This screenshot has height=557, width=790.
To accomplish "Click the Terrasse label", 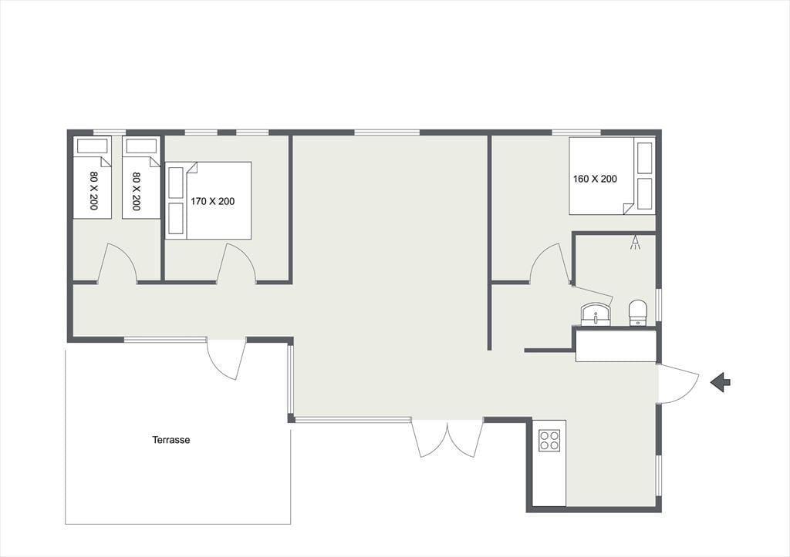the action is tap(171, 440).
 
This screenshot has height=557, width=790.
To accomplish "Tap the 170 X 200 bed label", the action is tap(213, 201).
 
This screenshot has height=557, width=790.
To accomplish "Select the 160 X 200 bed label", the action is tap(595, 179).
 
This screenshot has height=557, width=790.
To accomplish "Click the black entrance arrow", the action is tap(721, 382).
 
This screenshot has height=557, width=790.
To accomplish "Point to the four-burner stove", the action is tap(549, 440).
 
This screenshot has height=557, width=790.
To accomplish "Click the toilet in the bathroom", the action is tap(638, 313).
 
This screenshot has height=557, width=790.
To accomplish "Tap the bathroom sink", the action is tap(596, 315).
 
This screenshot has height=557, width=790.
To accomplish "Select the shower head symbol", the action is tap(636, 242).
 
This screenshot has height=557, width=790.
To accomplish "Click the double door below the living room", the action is tap(447, 438).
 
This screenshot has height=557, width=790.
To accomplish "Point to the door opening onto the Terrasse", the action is tap(226, 359).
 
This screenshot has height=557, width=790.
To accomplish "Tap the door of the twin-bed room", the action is tap(117, 263).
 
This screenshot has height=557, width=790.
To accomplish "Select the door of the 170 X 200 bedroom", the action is tap(237, 263).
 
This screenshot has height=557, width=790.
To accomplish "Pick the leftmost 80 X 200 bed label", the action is tap(93, 190).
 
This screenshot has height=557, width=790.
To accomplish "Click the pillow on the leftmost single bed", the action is tap(93, 146).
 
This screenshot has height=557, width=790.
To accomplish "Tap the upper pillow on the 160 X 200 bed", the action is tap(645, 158).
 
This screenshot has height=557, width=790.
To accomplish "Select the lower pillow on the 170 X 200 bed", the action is tap(176, 218).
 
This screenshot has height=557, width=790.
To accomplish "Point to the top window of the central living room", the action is tap(387, 133).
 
